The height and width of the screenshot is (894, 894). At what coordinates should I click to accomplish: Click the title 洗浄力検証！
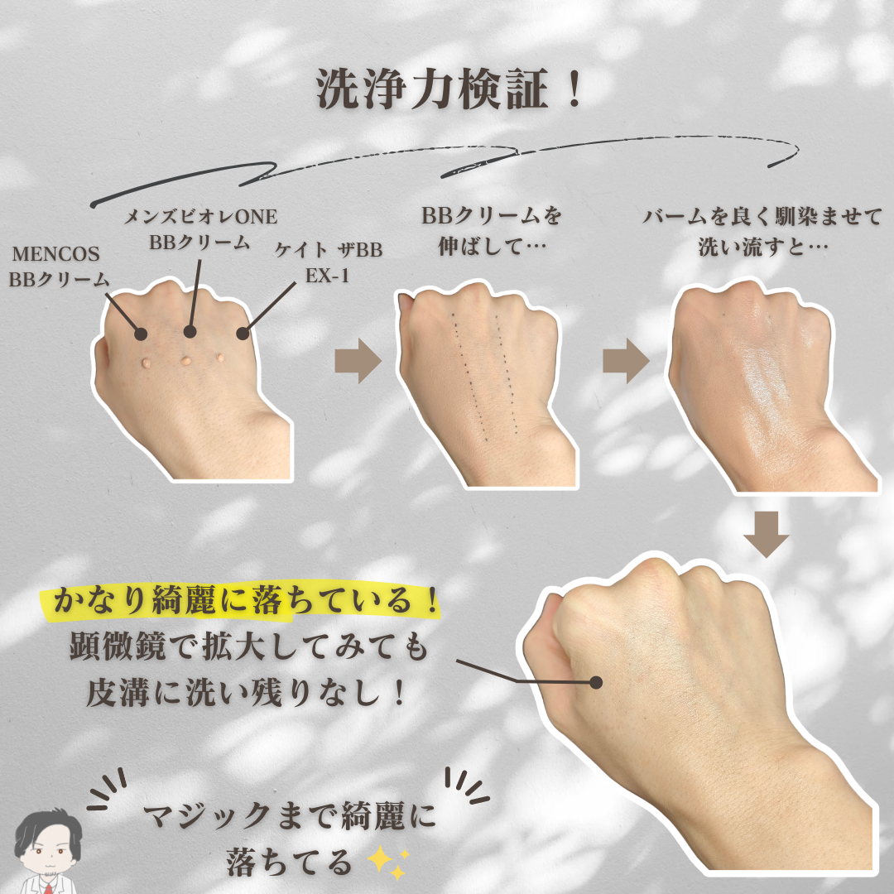pyautogui.click(x=449, y=89)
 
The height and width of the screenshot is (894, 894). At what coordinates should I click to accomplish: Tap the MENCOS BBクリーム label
pyautogui.click(x=58, y=267)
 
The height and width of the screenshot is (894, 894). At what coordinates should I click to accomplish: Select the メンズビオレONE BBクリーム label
pyautogui.click(x=200, y=229)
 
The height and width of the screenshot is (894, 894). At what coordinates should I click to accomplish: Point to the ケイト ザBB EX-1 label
pyautogui.click(x=328, y=262)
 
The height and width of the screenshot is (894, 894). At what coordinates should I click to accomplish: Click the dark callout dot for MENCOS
pyautogui.click(x=141, y=334)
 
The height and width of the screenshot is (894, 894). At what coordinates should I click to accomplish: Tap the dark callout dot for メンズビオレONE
pyautogui.click(x=190, y=331)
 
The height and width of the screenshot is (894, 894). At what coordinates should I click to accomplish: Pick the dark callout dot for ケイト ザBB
pyautogui.click(x=243, y=334)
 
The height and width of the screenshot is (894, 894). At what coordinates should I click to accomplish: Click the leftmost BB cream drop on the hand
pyautogui.click(x=147, y=363)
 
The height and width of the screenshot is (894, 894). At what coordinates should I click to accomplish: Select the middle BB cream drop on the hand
pyautogui.click(x=186, y=361)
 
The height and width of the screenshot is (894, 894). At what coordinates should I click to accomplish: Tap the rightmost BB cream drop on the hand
pyautogui.click(x=220, y=358)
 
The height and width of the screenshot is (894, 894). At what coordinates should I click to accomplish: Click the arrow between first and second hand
pyautogui.click(x=358, y=360)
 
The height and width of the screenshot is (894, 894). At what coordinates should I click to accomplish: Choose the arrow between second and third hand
pyautogui.click(x=626, y=360)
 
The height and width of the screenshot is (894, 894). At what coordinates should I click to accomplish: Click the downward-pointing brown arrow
pyautogui.click(x=767, y=534)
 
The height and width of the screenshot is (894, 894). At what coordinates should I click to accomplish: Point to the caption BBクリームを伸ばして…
pyautogui.click(x=492, y=232)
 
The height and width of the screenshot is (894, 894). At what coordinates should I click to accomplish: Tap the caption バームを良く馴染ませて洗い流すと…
pyautogui.click(x=763, y=232)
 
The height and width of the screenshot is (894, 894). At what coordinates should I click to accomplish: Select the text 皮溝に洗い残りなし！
pyautogui.click(x=247, y=693)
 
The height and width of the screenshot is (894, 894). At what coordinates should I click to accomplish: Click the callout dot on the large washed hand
pyautogui.click(x=596, y=682)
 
